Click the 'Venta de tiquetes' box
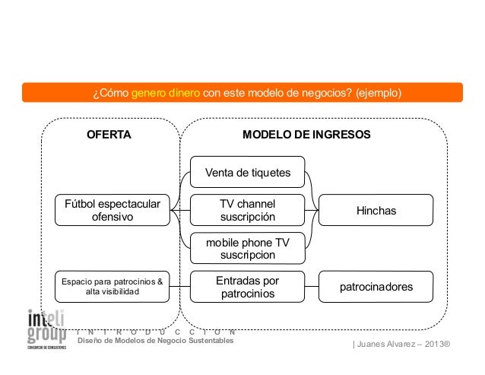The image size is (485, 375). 247,173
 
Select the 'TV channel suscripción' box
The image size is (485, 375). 247,210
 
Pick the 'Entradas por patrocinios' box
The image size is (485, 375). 247,287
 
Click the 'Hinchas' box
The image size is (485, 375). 376,210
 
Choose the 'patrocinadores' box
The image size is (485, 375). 376,287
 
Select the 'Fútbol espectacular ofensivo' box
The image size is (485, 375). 112,210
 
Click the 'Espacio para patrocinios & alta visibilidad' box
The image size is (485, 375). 112,287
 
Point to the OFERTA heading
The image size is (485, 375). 109,135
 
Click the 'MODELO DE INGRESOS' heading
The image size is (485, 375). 306,135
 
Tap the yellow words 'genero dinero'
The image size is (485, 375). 166,94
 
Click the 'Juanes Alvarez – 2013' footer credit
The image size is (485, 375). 401,345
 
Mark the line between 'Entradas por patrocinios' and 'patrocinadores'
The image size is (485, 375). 312,287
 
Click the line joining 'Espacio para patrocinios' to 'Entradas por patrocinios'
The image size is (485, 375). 180,287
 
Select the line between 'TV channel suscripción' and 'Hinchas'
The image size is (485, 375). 312,210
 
